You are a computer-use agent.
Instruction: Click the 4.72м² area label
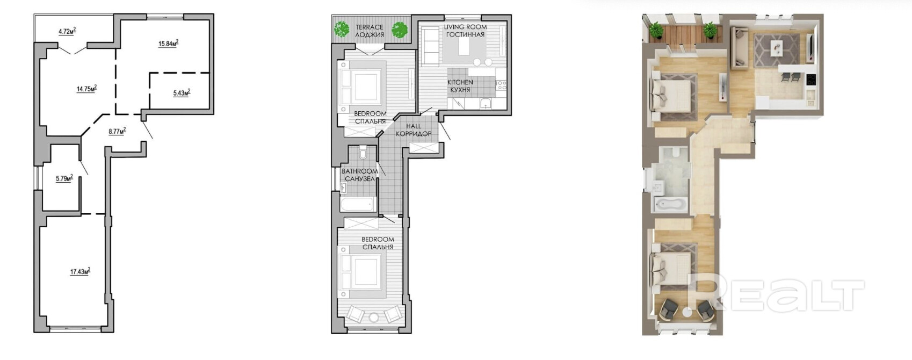click(67, 31)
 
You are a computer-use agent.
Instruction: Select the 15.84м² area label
click(169, 43)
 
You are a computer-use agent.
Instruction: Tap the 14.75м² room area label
click(86, 88)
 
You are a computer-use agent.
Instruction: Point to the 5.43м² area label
click(182, 92)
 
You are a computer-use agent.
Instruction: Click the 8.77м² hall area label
click(117, 131)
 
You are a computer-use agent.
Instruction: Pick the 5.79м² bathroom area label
click(64, 178)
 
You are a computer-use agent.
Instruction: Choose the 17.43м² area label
click(80, 271)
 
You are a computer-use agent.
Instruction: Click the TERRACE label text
click(370, 27)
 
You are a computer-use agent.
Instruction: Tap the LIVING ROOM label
click(465, 27)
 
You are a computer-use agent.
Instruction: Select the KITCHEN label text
click(460, 82)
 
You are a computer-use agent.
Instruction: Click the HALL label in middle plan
click(414, 126)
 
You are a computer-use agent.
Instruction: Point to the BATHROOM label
click(359, 171)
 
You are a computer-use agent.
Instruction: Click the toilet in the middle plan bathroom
click(364, 153)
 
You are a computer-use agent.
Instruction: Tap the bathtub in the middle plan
click(358, 204)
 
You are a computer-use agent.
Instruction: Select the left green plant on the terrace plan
click(342, 30)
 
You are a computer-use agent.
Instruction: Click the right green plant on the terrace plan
click(400, 30)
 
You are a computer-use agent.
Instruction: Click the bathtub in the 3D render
click(670, 204)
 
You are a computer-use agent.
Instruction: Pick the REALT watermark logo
click(776, 293)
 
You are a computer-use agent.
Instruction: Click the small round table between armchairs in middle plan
click(374, 317)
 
